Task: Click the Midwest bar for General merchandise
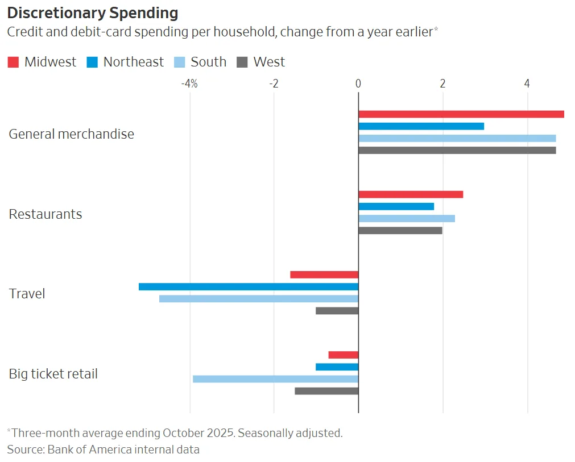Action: (x=461, y=114)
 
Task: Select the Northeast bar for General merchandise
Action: (x=421, y=126)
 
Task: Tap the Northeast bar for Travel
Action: (x=249, y=286)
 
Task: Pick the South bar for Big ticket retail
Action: (x=275, y=379)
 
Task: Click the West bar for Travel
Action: (x=337, y=311)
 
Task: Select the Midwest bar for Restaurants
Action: (x=411, y=194)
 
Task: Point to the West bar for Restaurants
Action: (x=400, y=231)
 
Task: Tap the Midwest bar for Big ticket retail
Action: (x=343, y=355)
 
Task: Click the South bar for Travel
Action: (x=259, y=299)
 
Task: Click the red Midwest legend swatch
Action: (x=13, y=63)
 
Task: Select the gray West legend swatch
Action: (x=242, y=63)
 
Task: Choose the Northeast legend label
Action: (x=133, y=63)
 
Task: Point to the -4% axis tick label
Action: (x=189, y=84)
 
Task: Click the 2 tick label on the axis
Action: (x=442, y=84)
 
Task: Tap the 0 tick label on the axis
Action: (x=358, y=84)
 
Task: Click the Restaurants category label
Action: (x=45, y=214)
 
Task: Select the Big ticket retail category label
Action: (x=53, y=374)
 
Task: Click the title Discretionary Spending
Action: (x=93, y=13)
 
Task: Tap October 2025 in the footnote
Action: (x=198, y=433)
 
